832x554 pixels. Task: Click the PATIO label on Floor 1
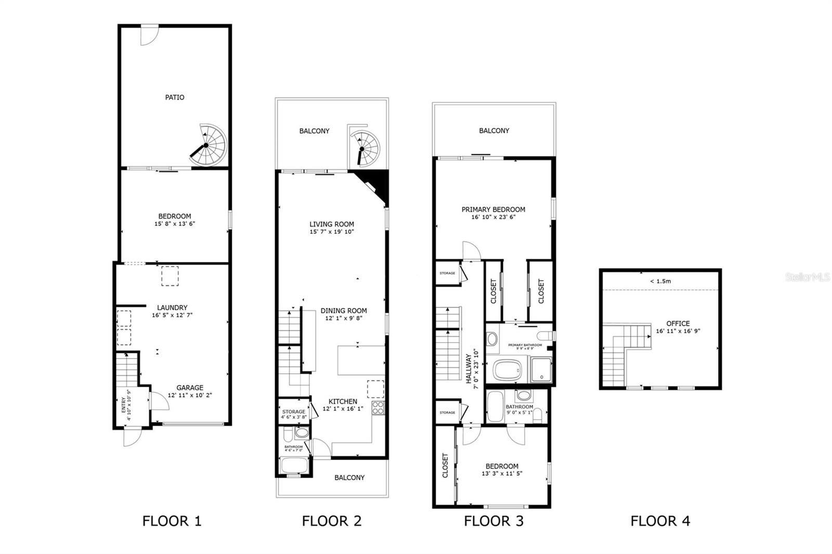coord(175,97)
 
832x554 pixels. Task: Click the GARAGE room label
coord(189,388)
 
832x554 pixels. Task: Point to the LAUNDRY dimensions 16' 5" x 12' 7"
coord(172,315)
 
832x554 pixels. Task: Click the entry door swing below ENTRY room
coord(131,438)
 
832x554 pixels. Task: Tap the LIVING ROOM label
coord(332,224)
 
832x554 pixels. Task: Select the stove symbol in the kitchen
coord(378,407)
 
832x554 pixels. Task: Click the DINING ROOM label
coord(343,311)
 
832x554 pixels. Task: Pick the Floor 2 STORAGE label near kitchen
coord(294,412)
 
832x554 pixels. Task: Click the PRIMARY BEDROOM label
coord(493,209)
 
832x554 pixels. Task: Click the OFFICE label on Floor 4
coord(678,323)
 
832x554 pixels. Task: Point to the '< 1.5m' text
coord(660,281)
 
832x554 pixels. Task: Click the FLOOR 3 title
coord(493,521)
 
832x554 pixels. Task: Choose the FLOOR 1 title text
coord(172,521)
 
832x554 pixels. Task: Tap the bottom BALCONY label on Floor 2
coord(349,478)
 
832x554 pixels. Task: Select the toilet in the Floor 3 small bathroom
coord(539,414)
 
